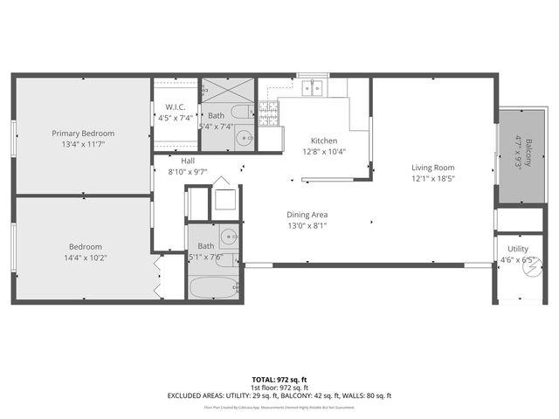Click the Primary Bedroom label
[x=83, y=134]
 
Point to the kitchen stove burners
[x=269, y=110]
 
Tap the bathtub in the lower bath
[x=214, y=287]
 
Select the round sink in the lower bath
[x=229, y=236]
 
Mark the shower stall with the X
[x=228, y=91]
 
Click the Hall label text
[x=188, y=161]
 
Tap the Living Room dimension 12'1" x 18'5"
[x=433, y=179]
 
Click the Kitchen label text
[x=324, y=141]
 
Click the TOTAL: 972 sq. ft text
[x=279, y=380]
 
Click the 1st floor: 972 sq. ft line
[x=279, y=388]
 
